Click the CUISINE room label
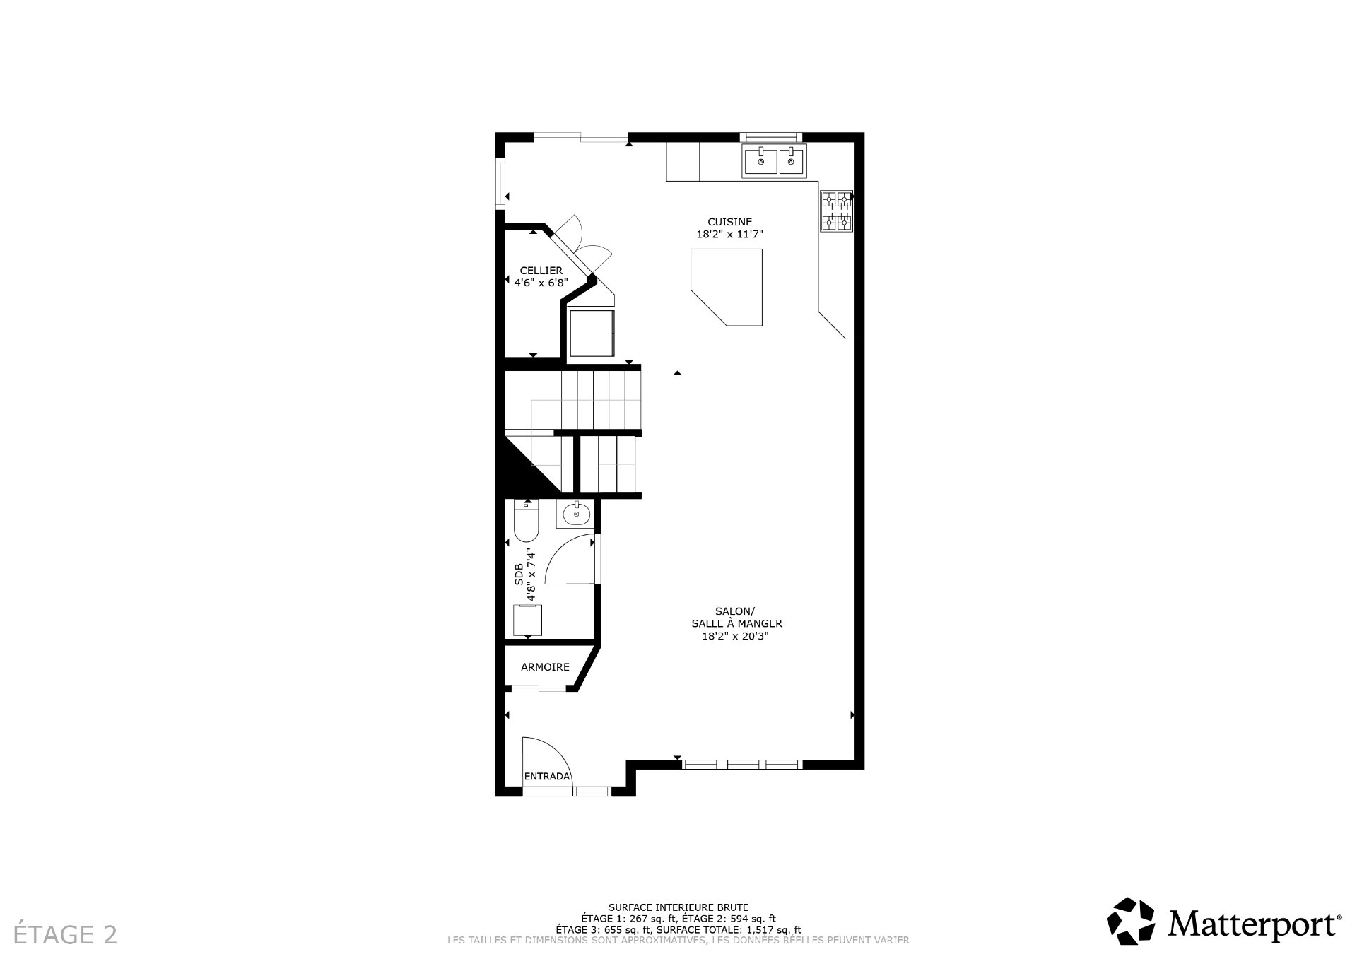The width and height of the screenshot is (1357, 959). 729,222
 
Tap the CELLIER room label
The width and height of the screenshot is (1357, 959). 541,271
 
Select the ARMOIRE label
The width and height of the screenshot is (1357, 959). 545,666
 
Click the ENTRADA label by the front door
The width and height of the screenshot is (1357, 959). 546,777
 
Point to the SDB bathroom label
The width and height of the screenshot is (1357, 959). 519,574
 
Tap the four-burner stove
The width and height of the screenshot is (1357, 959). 836,211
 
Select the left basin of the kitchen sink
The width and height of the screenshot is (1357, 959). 760,162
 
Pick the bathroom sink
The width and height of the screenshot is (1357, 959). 577,514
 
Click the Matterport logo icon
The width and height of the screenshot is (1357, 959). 1130,921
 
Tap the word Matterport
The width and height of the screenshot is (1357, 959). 1254,923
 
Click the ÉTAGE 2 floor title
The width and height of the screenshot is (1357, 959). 66,934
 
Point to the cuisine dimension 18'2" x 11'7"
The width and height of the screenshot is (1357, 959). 729,235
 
